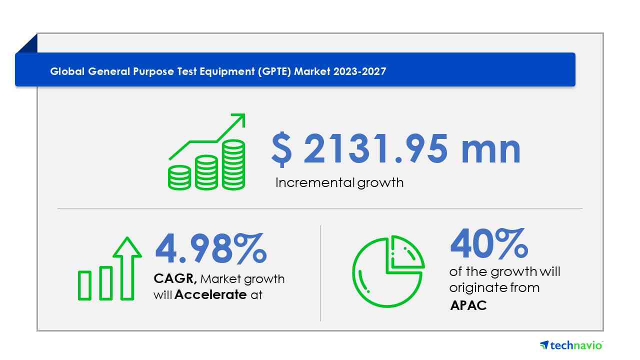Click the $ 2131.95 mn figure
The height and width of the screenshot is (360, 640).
(396, 149)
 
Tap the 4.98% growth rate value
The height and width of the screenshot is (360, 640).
(211, 248)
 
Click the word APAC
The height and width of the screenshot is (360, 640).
(468, 305)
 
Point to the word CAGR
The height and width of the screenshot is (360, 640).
(175, 278)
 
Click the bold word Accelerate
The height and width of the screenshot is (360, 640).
(210, 294)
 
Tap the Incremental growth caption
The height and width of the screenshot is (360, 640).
(339, 183)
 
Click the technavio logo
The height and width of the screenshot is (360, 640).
(571, 345)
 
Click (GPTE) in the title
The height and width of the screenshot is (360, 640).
(274, 71)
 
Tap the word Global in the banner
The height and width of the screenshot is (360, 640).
(67, 71)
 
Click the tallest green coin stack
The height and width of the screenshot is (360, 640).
(233, 165)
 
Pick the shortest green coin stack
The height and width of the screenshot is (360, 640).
(179, 177)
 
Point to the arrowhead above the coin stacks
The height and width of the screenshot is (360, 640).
(239, 119)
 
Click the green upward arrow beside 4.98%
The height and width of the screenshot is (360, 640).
(127, 268)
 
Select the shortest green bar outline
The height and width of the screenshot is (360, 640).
(84, 285)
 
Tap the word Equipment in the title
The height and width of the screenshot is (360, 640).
(227, 71)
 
